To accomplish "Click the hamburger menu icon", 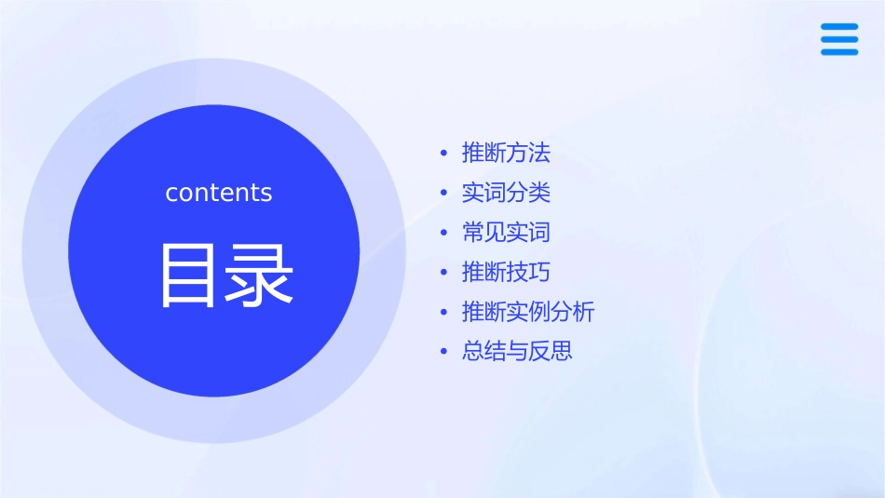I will (x=838, y=39).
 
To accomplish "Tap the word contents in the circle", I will (x=219, y=193).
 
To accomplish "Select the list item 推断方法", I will (x=506, y=153).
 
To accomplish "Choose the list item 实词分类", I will (x=506, y=193).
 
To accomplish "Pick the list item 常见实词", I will (x=506, y=233).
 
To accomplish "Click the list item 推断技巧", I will (x=506, y=272).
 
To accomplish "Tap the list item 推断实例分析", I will (x=527, y=312).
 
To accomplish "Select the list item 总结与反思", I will (x=517, y=352).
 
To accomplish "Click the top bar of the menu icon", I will (x=838, y=27).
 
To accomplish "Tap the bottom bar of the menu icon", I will (x=838, y=52).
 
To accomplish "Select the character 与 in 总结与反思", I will (x=517, y=352).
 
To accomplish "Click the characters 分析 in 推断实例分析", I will (x=572, y=312).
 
